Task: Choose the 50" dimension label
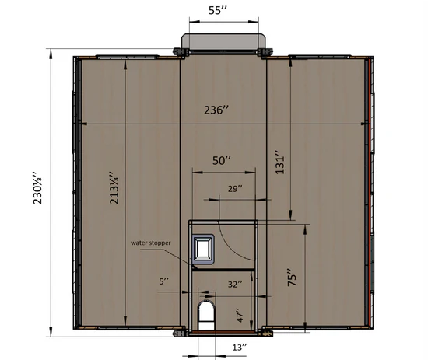223,160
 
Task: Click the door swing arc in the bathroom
221,237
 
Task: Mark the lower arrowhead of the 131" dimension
289,217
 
